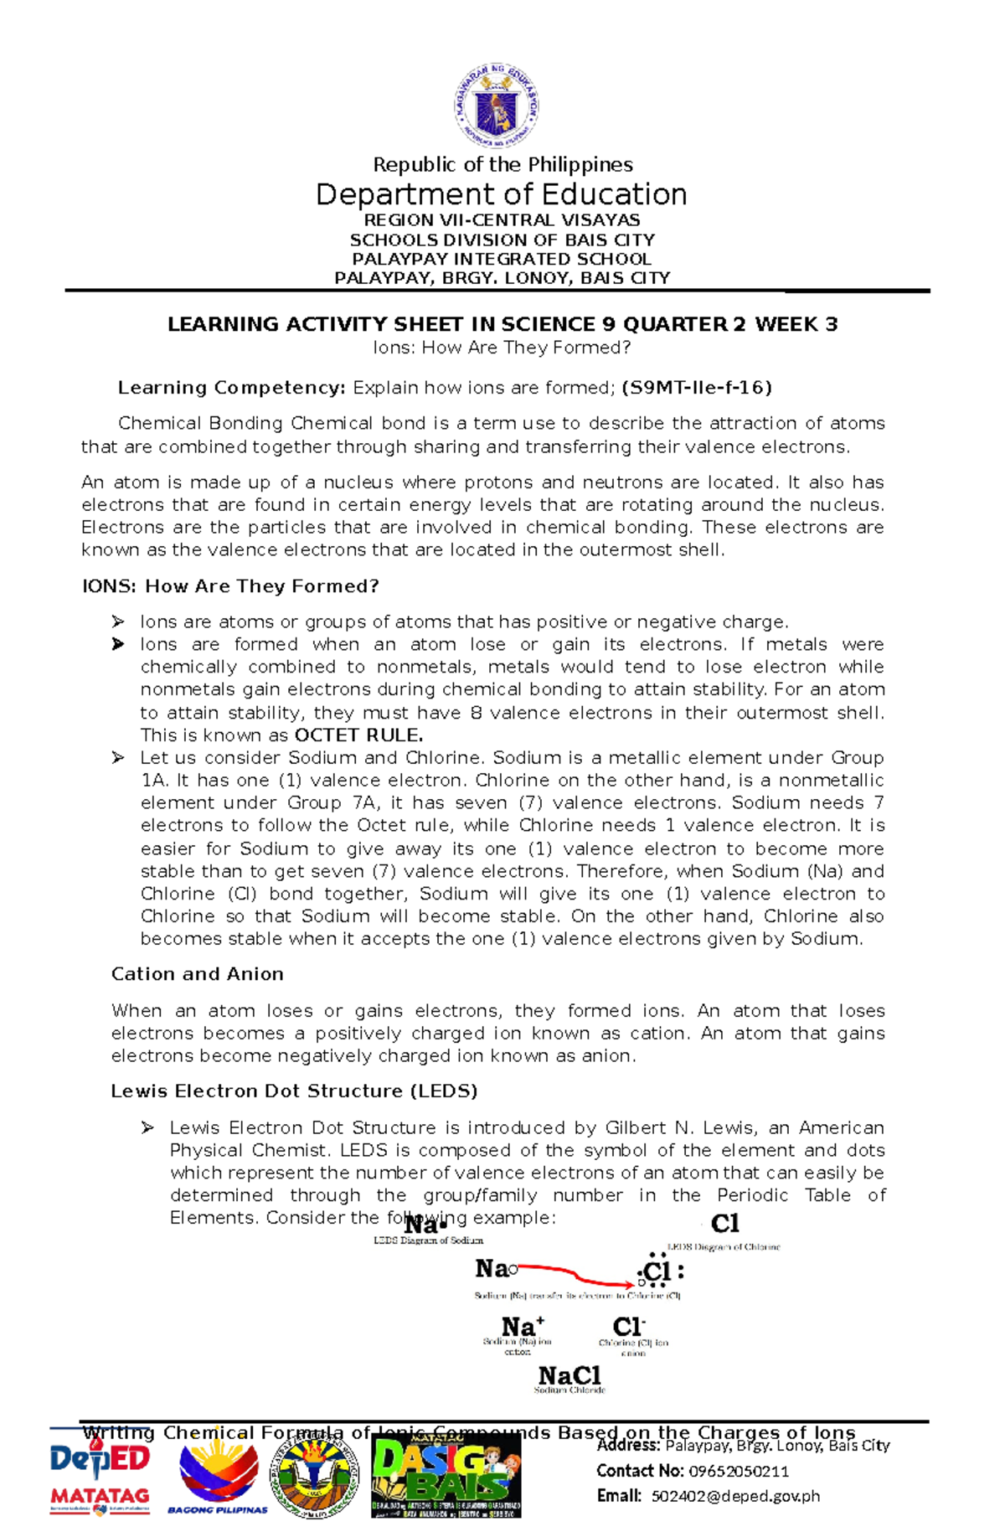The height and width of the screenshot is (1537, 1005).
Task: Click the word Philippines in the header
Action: tap(585, 164)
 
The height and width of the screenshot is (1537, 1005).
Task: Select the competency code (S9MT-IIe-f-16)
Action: tap(697, 388)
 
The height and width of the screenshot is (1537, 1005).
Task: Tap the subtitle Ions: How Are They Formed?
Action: tap(502, 348)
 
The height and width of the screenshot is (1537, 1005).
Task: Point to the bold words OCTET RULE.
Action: tap(358, 735)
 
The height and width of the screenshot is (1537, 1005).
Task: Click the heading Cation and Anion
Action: tap(198, 974)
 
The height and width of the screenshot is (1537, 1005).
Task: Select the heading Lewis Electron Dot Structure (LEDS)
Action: tap(294, 1091)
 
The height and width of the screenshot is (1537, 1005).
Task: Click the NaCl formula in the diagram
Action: tap(569, 1375)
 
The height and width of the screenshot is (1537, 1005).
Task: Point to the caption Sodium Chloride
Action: tap(569, 1390)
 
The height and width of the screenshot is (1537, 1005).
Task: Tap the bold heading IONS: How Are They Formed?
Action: tap(230, 586)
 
